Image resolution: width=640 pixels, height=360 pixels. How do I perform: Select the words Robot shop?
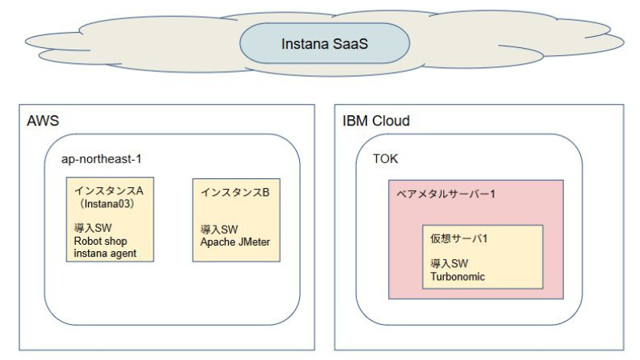(100, 241)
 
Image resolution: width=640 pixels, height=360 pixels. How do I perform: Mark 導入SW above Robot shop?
(89, 228)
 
